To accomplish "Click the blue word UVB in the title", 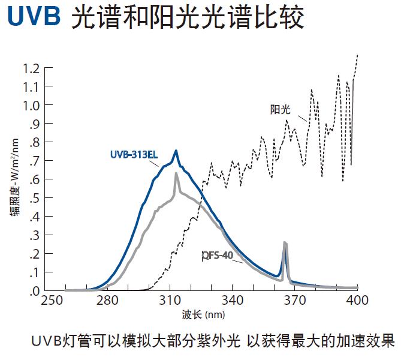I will click(x=34, y=17).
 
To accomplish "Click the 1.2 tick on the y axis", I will click(x=31, y=68).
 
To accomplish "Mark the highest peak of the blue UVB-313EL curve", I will click(x=176, y=151).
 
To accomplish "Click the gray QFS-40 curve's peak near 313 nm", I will click(x=176, y=173).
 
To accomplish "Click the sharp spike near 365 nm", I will click(x=285, y=243).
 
